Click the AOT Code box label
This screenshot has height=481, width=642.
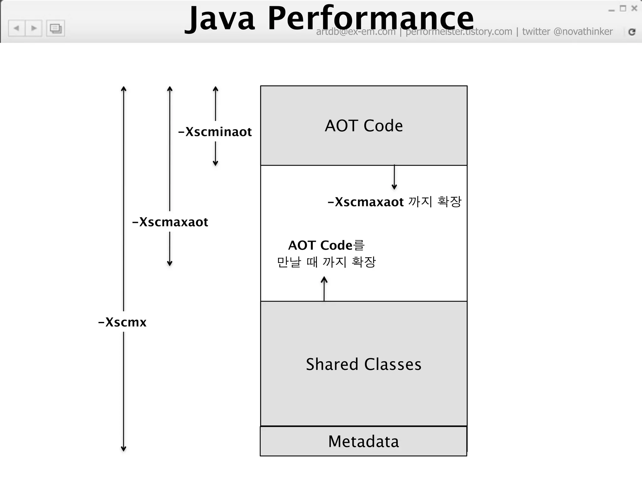click(x=364, y=126)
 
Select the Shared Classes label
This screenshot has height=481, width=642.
click(x=364, y=364)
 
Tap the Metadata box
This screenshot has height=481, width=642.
click(x=364, y=442)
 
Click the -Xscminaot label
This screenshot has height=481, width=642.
click(x=215, y=132)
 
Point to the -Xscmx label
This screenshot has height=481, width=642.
click(x=122, y=322)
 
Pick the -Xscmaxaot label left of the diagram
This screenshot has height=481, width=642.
click(x=170, y=222)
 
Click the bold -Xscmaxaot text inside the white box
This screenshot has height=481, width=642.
click(x=366, y=202)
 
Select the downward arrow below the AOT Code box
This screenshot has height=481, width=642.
click(x=394, y=178)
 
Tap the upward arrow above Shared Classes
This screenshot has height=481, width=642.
click(x=324, y=288)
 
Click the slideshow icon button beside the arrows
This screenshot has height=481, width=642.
click(x=55, y=28)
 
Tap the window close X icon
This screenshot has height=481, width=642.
click(x=634, y=8)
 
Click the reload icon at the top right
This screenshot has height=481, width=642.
click(x=632, y=32)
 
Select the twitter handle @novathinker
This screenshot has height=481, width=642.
click(x=583, y=32)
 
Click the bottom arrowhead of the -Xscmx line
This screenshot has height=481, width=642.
click(x=124, y=448)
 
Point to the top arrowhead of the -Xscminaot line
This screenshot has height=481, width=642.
click(x=215, y=89)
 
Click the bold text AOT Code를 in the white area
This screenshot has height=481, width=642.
click(x=326, y=245)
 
